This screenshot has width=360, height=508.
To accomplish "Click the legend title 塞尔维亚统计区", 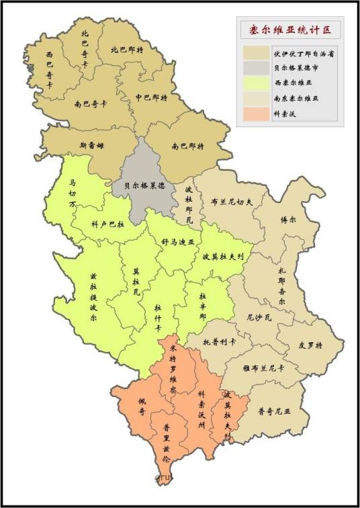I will point(291,30).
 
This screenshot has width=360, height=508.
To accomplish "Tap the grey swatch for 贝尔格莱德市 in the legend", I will point(256,68).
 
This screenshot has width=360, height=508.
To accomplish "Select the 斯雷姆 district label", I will point(92,144).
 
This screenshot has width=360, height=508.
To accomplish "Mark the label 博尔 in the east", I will point(287,220).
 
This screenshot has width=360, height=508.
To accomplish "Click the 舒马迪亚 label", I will point(177,240).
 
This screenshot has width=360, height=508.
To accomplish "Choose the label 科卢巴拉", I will point(107,224).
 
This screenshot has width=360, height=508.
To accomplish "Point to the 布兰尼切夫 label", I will point(232,200).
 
